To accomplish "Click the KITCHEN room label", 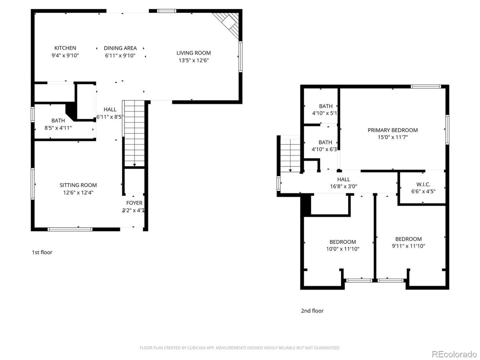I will click(x=65, y=48).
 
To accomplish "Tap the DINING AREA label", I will click(x=120, y=48).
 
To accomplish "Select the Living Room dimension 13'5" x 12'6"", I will click(x=194, y=60).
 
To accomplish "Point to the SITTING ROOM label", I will click(x=78, y=185).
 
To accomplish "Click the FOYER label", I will click(x=134, y=203).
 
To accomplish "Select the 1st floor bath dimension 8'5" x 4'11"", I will click(x=58, y=128).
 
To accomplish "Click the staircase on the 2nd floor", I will click(x=290, y=154).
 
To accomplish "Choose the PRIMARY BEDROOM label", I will click(x=392, y=130).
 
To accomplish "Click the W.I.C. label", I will click(x=423, y=184).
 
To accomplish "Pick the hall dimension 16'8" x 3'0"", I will click(x=343, y=186).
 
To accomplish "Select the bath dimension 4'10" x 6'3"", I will click(x=325, y=149).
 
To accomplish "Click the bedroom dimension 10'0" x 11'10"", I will click(x=342, y=249).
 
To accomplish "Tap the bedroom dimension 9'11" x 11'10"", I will click(x=408, y=246).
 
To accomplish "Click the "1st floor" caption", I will click(x=42, y=252).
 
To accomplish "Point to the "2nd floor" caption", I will click(x=312, y=311).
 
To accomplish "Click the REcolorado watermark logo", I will click(x=454, y=354).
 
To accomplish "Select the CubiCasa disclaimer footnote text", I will click(x=240, y=348).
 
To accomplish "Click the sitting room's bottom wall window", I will click(x=70, y=229).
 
